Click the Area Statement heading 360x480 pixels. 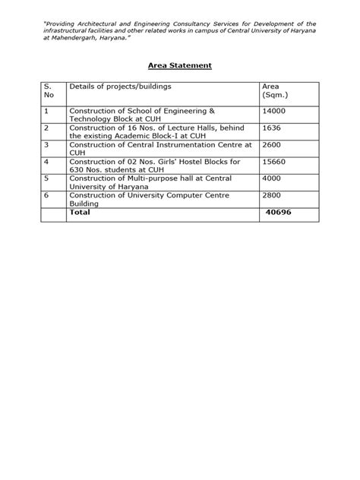point(179,65)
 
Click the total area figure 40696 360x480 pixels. point(279,213)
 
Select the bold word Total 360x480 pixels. point(80,213)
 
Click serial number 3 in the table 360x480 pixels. point(46,144)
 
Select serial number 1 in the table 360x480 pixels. point(46,110)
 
